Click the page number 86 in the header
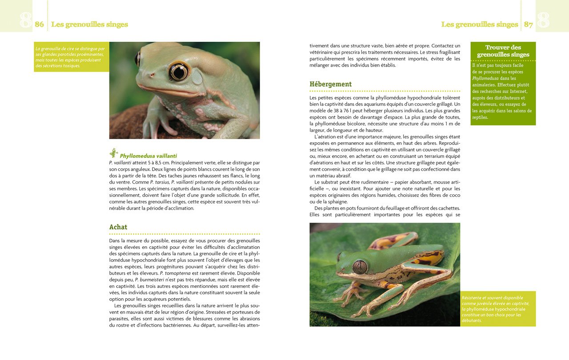[x=40, y=24]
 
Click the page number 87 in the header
[x=528, y=24]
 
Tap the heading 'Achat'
[x=118, y=227]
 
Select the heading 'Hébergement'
[x=330, y=84]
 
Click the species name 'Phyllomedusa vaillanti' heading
[x=148, y=156]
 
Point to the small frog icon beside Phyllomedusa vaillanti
[x=114, y=153]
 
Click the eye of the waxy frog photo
[x=179, y=72]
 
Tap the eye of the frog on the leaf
[x=360, y=267]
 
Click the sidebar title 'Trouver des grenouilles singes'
[x=503, y=51]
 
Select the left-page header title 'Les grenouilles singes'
[x=90, y=24]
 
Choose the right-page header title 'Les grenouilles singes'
[x=480, y=24]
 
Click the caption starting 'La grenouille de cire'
[x=71, y=57]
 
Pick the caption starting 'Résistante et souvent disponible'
[x=497, y=309]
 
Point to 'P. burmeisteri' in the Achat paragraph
[x=149, y=280]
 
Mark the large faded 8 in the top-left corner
[x=26, y=20]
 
